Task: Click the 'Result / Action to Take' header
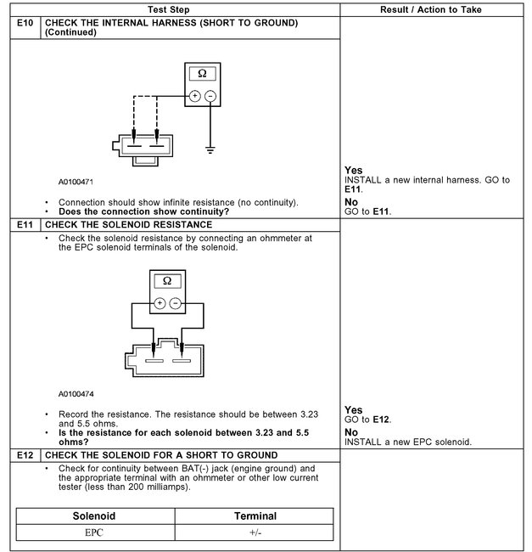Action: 434,8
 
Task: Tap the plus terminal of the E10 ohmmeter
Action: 195,96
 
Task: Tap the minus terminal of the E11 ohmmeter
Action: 175,302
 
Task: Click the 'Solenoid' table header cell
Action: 95,515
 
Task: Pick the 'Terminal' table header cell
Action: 255,515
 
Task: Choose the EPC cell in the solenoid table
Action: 95,532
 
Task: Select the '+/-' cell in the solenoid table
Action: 255,532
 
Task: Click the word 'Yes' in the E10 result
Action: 354,171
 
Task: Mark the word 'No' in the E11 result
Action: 351,432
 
